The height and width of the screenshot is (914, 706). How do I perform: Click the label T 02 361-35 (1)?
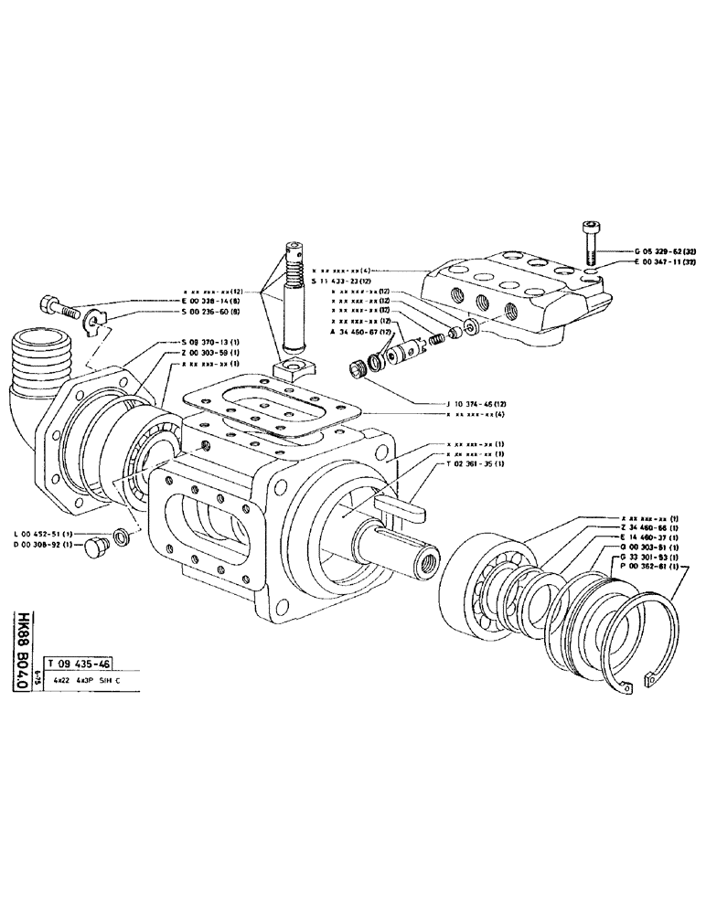tap(482, 463)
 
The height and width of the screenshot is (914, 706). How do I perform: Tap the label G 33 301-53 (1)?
tap(650, 557)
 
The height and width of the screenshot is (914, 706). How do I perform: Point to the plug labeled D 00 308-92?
tap(94, 548)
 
